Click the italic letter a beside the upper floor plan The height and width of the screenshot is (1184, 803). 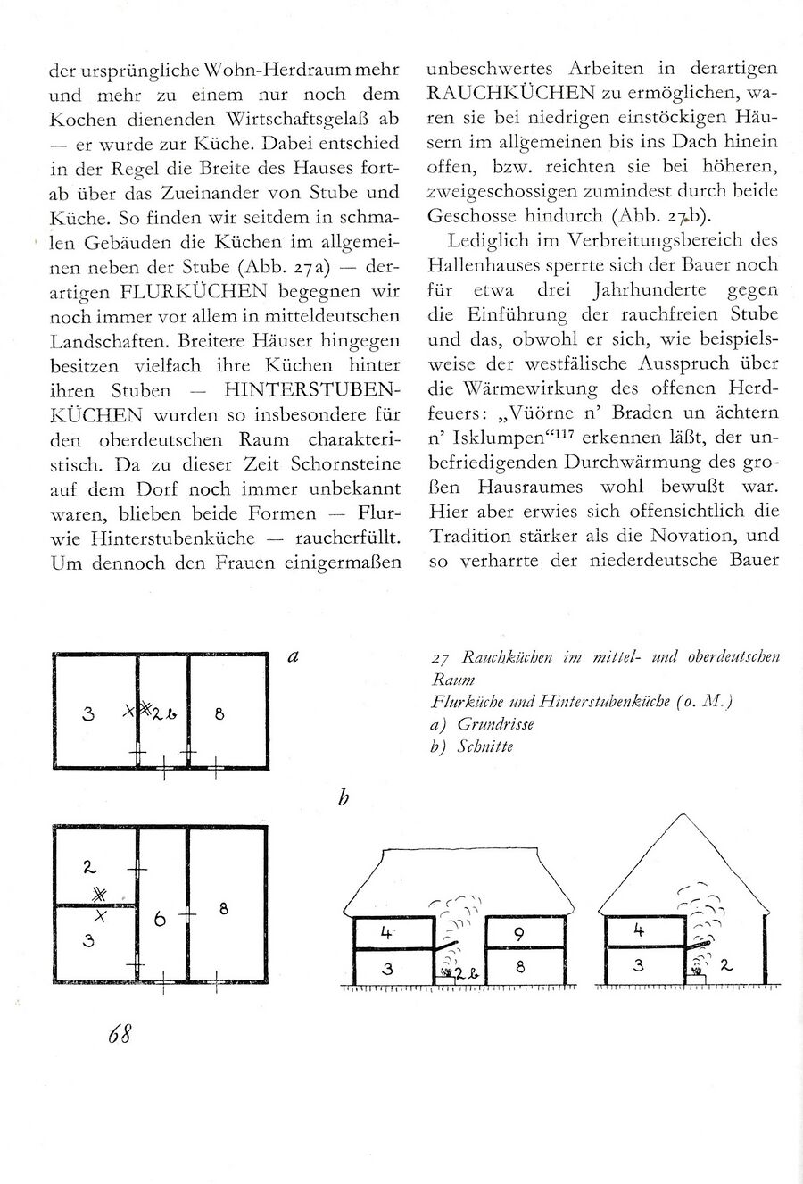click(294, 656)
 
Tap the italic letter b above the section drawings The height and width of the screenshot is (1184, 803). click(344, 797)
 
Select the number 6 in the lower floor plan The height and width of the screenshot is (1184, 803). click(161, 919)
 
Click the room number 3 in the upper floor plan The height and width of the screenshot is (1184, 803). click(87, 713)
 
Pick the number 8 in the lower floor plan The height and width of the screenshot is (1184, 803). click(224, 909)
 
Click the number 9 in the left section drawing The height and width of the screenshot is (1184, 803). click(519, 934)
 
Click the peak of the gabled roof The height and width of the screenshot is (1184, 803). click(683, 816)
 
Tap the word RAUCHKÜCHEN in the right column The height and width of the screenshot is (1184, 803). click(512, 93)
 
